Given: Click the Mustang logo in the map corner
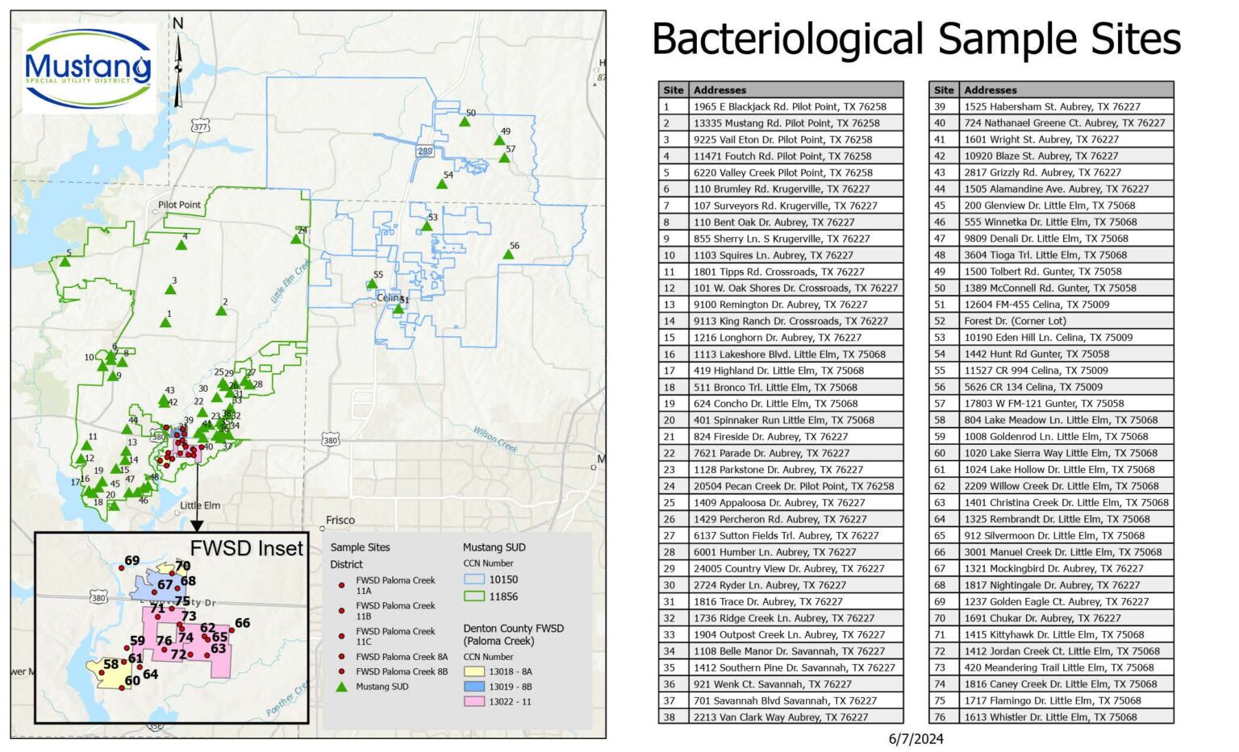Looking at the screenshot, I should [x=89, y=69].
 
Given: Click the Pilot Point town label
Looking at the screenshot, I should [x=179, y=205].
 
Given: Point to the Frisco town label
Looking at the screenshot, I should [x=340, y=520].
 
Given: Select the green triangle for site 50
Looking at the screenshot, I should [x=465, y=122].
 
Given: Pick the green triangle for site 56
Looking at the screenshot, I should [x=508, y=255].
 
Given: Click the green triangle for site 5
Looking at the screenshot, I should [x=65, y=261].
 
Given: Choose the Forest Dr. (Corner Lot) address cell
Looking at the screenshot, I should [x=1015, y=321].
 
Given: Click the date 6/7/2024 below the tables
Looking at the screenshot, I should [x=916, y=739].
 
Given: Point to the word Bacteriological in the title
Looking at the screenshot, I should [x=787, y=39].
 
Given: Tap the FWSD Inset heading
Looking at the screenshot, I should [x=246, y=548].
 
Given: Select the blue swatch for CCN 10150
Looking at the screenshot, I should [x=473, y=580].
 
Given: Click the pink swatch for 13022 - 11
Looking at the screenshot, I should [x=473, y=702].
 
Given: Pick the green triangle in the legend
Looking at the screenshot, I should [x=342, y=687].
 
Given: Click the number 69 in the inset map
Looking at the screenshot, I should [x=132, y=560].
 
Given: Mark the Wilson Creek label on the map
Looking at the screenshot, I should [x=494, y=439].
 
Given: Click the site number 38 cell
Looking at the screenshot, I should [x=670, y=717].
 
